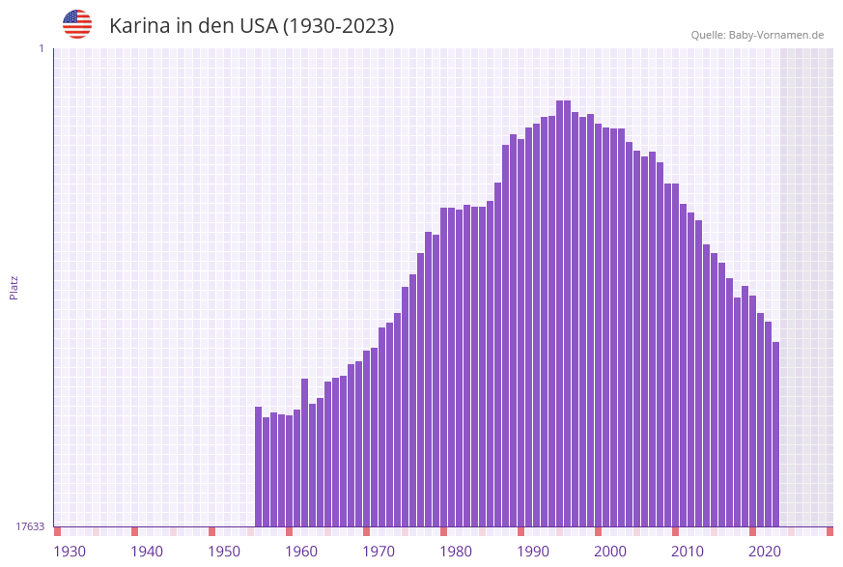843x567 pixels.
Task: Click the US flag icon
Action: pyautogui.click(x=77, y=24)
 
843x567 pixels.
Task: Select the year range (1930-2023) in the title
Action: pyautogui.click(x=338, y=26)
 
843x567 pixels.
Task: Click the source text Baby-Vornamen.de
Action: pyautogui.click(x=775, y=35)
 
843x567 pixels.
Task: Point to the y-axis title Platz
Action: pyautogui.click(x=14, y=288)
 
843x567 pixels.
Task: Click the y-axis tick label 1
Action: pyautogui.click(x=41, y=48)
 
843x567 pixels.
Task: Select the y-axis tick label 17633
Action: pyautogui.click(x=30, y=526)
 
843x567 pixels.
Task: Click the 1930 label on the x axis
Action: pyautogui.click(x=70, y=552)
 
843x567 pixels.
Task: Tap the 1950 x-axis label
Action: pyautogui.click(x=224, y=552)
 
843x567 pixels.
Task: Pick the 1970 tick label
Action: pyautogui.click(x=379, y=552)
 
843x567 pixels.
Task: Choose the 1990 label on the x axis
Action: pyautogui.click(x=533, y=552)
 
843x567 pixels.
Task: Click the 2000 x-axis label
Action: pyautogui.click(x=610, y=552)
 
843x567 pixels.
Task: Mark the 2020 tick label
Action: pyautogui.click(x=765, y=552)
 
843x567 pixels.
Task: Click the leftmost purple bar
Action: pyautogui.click(x=259, y=467)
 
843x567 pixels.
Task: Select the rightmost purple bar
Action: pyautogui.click(x=775, y=435)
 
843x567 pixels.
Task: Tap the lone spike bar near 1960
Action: pyautogui.click(x=305, y=452)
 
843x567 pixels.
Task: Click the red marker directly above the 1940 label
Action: pyautogui.click(x=135, y=531)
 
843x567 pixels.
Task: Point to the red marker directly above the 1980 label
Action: pyautogui.click(x=444, y=531)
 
